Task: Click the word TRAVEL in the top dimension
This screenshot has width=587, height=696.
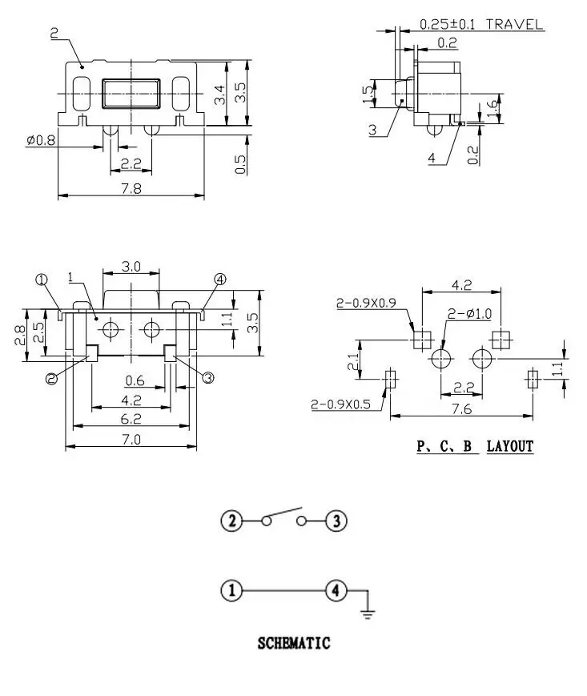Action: (514, 24)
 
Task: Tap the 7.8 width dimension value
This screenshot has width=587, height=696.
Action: (131, 189)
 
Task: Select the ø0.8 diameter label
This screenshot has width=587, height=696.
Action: (41, 141)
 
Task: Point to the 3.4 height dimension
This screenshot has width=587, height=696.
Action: (220, 94)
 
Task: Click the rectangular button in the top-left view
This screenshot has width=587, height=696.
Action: (131, 94)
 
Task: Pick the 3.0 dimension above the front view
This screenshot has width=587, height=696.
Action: (131, 267)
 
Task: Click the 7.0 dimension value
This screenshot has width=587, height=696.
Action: (131, 440)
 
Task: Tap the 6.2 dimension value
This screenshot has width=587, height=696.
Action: (131, 419)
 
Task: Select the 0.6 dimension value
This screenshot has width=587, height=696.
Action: (135, 380)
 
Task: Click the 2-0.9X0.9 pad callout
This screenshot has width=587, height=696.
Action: (366, 304)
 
